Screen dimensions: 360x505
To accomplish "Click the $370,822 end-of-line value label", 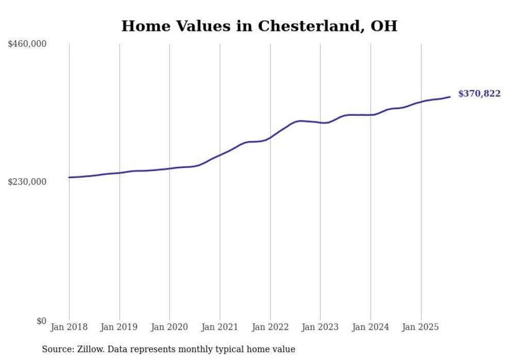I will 479,94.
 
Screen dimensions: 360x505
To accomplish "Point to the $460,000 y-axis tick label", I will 27,44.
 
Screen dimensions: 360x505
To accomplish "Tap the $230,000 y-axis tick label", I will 27,182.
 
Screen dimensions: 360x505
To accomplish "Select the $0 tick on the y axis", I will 41,321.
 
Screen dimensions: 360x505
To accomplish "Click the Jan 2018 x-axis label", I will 69,328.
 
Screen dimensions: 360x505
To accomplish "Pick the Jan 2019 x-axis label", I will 120,328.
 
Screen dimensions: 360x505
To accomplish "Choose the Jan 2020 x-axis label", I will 170,328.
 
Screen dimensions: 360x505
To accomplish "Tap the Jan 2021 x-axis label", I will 220,328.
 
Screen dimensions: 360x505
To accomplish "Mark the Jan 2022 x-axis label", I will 270,328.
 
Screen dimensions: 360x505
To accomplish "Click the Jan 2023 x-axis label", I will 320,328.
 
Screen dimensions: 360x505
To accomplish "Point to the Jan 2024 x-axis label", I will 371,328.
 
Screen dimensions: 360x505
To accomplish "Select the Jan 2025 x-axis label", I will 420,328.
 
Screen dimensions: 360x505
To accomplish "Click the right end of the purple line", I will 450,97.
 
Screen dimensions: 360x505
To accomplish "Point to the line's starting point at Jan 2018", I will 69,177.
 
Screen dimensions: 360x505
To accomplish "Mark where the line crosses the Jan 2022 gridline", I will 270,138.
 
